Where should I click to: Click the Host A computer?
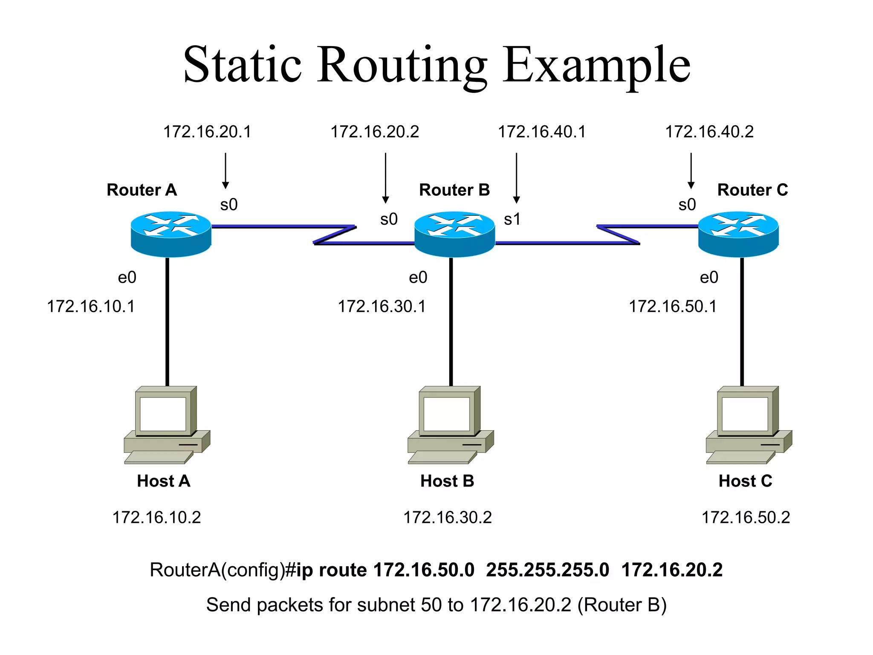pyautogui.click(x=167, y=425)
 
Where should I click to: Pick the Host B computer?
pyautogui.click(x=451, y=425)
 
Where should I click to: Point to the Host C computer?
pyautogui.click(x=749, y=425)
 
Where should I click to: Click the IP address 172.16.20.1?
pyautogui.click(x=207, y=132)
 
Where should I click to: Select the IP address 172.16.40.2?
pyautogui.click(x=709, y=132)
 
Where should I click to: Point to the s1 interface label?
pyautogui.click(x=512, y=219)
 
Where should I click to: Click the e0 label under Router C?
pyautogui.click(x=709, y=278)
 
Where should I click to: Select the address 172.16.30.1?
pyautogui.click(x=382, y=307)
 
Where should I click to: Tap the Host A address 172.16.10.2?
pyautogui.click(x=156, y=517)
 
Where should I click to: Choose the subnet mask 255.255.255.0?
pyautogui.click(x=547, y=570)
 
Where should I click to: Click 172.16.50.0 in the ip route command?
pyautogui.click(x=424, y=570)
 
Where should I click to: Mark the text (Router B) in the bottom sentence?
pyautogui.click(x=622, y=605)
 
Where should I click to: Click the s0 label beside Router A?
pyautogui.click(x=229, y=205)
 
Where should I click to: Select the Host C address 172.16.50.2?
pyautogui.click(x=746, y=517)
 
